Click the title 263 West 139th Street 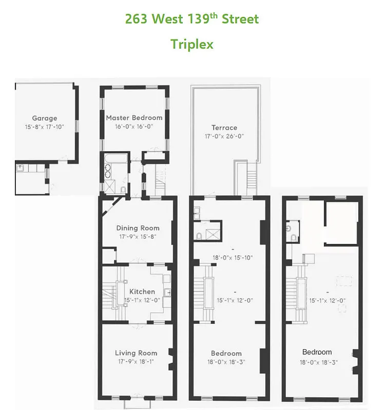(192, 19)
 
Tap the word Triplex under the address (192, 44)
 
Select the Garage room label (45, 118)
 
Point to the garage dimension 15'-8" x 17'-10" (45, 127)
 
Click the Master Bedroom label (134, 117)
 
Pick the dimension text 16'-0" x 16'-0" (134, 126)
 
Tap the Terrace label (224, 128)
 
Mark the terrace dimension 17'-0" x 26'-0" (224, 136)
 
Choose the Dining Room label (138, 228)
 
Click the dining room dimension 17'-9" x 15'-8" (138, 237)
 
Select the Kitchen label (142, 292)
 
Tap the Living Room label (136, 353)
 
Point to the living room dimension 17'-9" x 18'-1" (136, 361)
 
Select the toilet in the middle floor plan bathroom (199, 236)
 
